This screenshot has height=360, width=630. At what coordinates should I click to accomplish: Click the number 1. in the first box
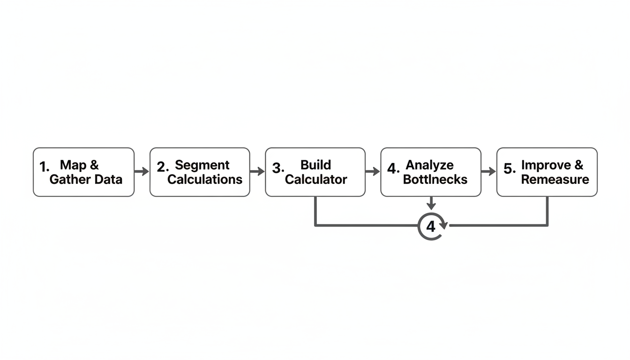pos(44,167)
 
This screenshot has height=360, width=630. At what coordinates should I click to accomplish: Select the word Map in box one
pos(73,165)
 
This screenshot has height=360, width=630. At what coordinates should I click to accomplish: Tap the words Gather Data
pos(86,179)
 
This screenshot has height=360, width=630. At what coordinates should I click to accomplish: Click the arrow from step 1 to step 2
pos(142,172)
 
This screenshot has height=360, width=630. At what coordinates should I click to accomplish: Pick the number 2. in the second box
pos(162,167)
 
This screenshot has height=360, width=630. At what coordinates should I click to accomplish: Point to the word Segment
pos(202,165)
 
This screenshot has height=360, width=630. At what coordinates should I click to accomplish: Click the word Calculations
pos(205,179)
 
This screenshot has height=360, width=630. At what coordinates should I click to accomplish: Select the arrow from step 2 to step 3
pos(257,172)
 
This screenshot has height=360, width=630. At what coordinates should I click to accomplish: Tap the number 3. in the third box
pos(278,168)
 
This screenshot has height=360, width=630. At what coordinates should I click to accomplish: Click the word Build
pos(315,165)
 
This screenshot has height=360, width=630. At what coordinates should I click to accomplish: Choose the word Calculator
pos(316,179)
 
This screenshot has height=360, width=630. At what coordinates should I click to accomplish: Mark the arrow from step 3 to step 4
pos(373,172)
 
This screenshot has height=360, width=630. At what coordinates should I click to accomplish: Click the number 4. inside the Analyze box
pos(393,168)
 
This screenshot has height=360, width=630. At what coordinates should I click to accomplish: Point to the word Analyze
pos(429,165)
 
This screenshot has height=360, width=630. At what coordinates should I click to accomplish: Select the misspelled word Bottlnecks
pos(435,179)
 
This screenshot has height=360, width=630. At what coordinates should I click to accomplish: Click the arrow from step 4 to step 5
pos(488,172)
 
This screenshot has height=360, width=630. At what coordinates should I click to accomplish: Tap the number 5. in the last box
pos(510,168)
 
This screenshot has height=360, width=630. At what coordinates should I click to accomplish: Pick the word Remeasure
pos(555,179)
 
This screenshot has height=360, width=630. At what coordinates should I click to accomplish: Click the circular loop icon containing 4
pos(431,226)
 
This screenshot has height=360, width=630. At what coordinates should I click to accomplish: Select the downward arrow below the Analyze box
pos(431,203)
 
